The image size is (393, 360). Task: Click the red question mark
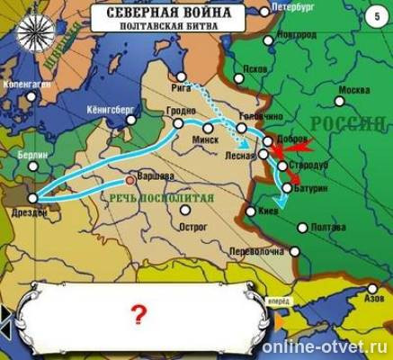point(138,314)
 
